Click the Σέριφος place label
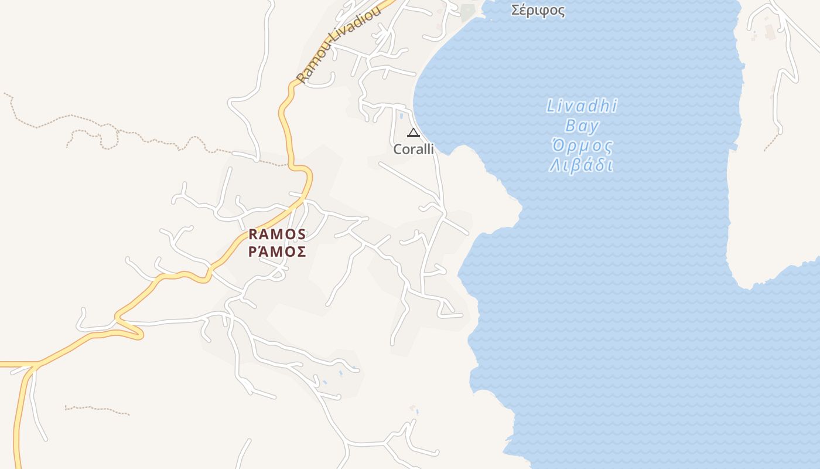pyautogui.click(x=538, y=10)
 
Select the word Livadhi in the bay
pyautogui.click(x=582, y=106)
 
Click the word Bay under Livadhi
pyautogui.click(x=582, y=126)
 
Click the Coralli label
pyautogui.click(x=414, y=149)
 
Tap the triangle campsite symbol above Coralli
pyautogui.click(x=414, y=132)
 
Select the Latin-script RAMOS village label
pyautogui.click(x=277, y=235)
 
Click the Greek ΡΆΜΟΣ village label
pyautogui.click(x=277, y=252)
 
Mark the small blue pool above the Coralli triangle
pyautogui.click(x=402, y=116)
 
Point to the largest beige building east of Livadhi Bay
pyautogui.click(x=770, y=32)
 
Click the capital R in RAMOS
pyautogui.click(x=253, y=235)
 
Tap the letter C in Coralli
pyautogui.click(x=397, y=149)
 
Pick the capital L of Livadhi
pyautogui.click(x=551, y=106)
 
